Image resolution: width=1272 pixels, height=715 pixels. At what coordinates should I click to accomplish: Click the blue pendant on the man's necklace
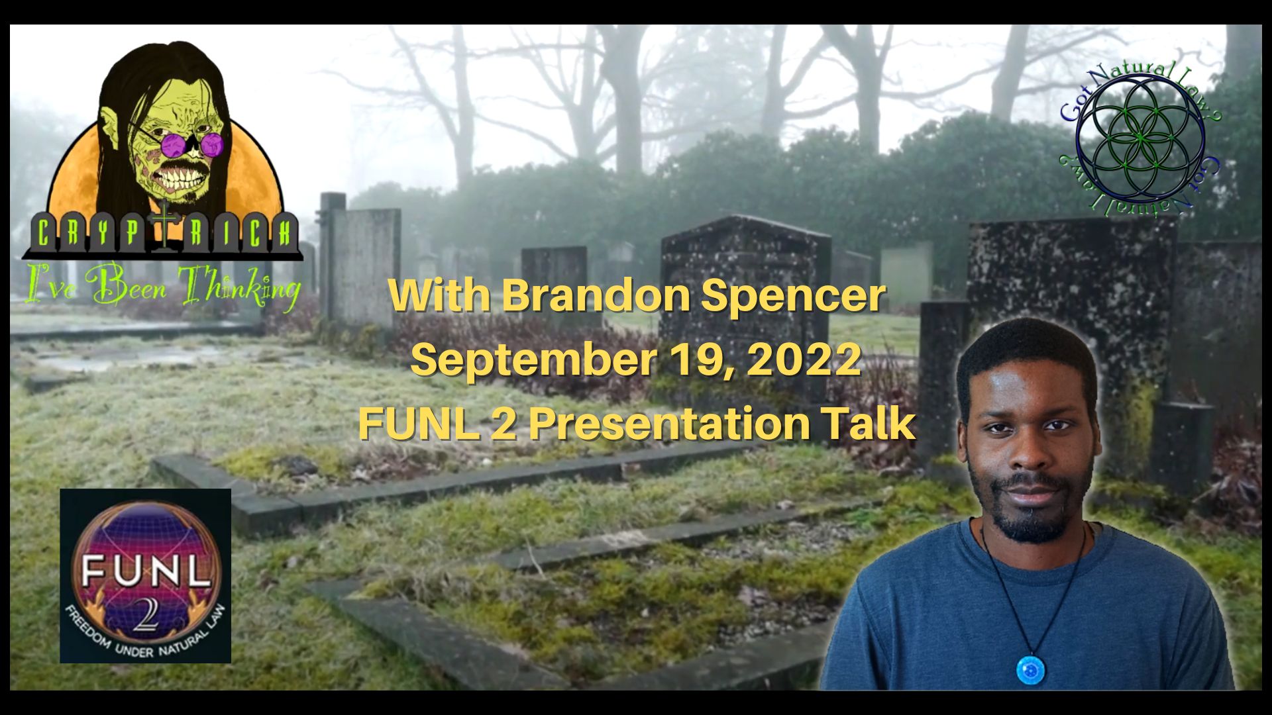coord(1031,669)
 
